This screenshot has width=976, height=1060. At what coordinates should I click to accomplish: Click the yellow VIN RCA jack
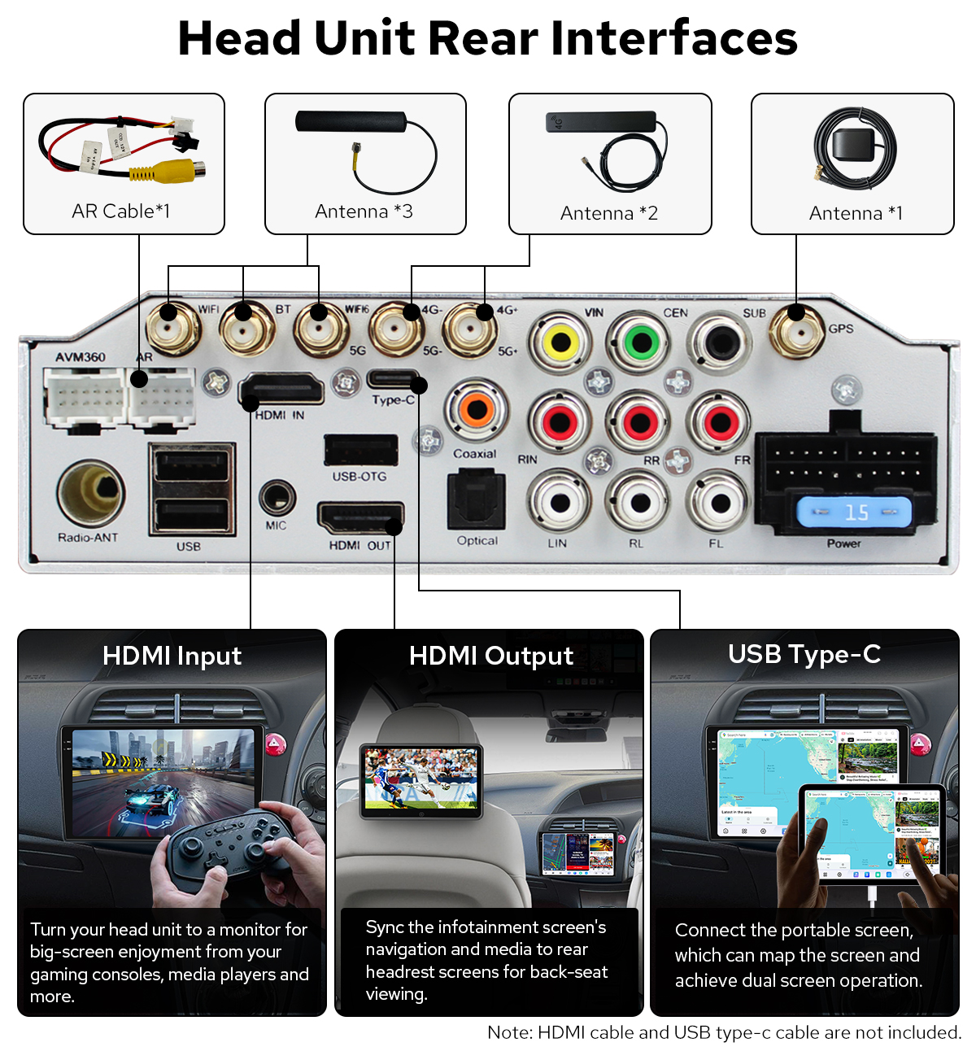pos(560,342)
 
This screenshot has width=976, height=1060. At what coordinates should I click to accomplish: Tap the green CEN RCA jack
pos(641,342)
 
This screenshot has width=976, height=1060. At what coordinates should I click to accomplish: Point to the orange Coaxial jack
pos(476,410)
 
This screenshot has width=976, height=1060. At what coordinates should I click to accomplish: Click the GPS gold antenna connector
pos(796,330)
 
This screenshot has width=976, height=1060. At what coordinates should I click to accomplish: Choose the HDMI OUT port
pos(360,517)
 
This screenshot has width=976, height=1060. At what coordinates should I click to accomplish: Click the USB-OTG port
pos(360,450)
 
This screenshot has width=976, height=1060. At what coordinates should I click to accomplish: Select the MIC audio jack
pos(277,497)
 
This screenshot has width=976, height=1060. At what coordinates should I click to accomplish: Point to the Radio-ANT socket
pos(90,493)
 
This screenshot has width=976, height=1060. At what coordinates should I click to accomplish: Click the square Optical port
pos(477,500)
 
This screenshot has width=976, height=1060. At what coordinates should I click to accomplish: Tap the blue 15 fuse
pos(854,513)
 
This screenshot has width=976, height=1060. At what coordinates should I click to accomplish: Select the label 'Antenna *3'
pos(364,212)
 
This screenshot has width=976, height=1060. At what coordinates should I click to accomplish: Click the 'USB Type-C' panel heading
pos(804,654)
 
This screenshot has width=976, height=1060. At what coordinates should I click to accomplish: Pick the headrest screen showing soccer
pos(421,779)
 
